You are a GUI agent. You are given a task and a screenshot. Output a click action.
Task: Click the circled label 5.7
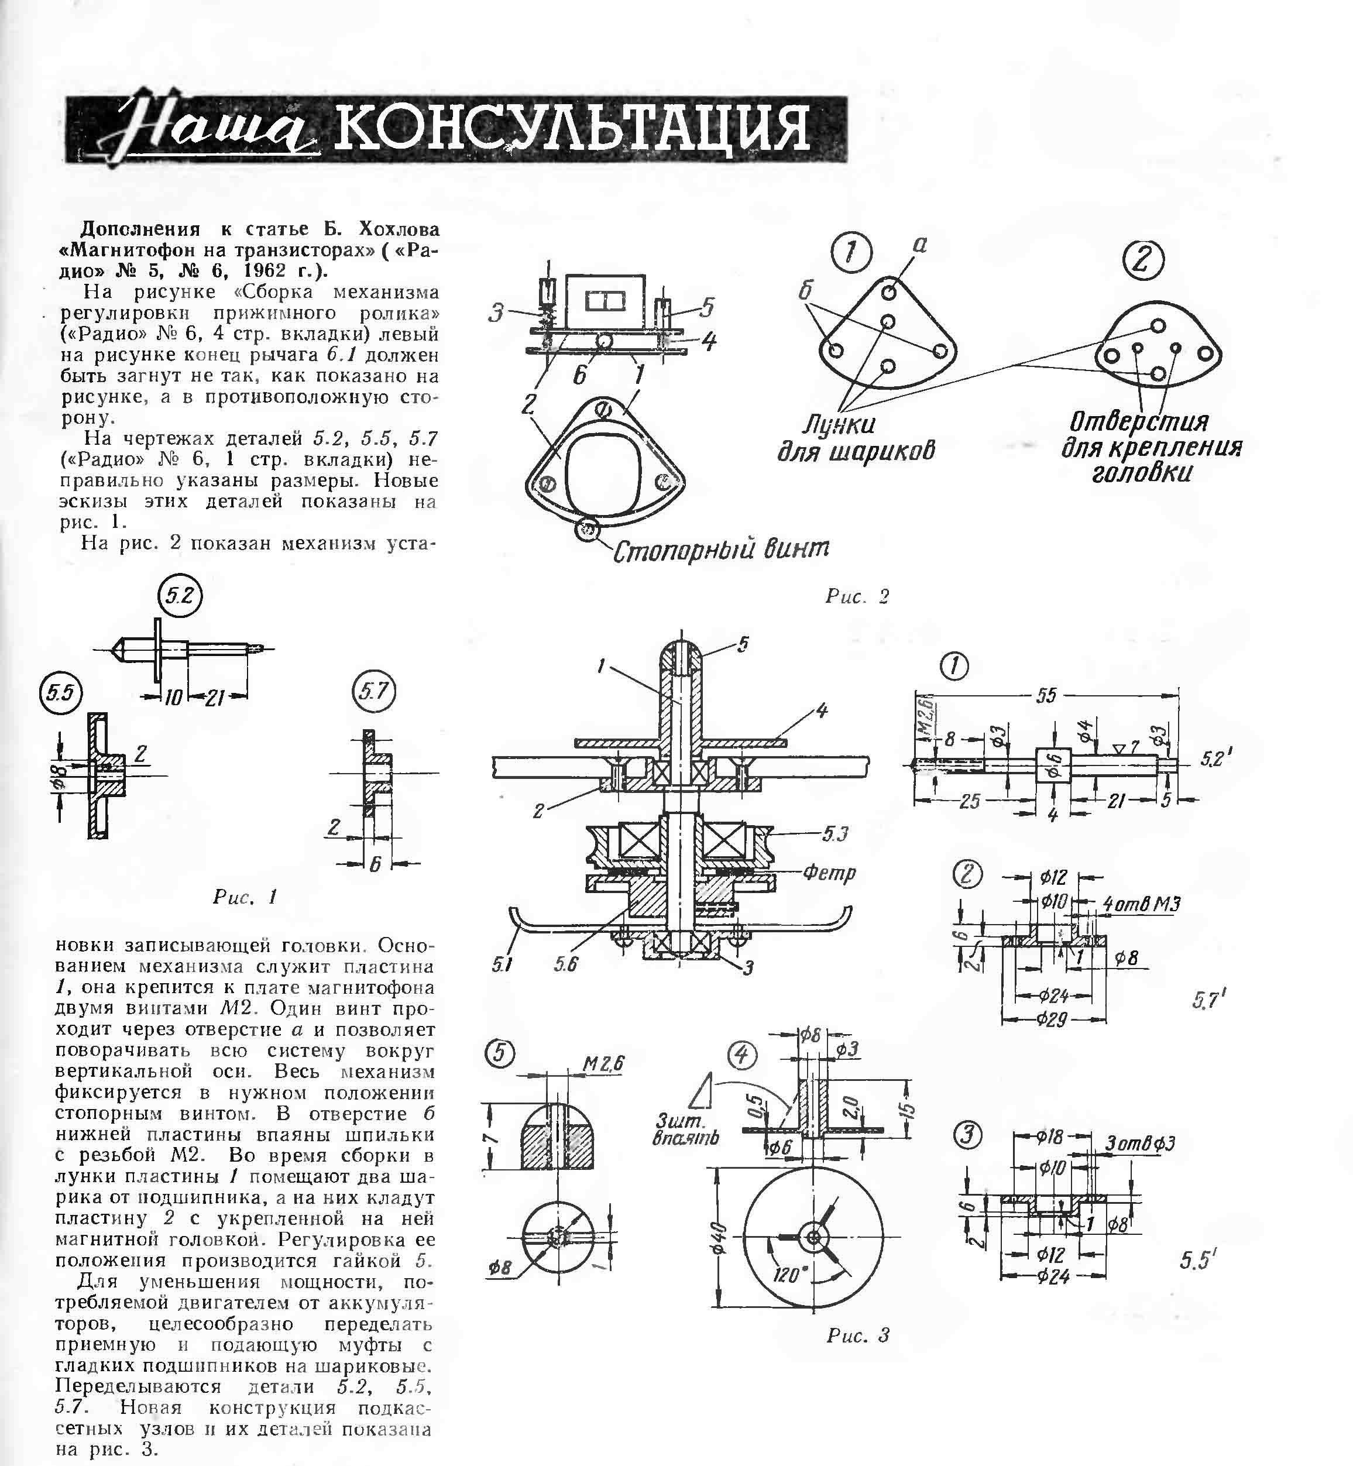tap(374, 691)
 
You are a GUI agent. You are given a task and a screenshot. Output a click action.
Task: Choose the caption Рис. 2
tap(857, 596)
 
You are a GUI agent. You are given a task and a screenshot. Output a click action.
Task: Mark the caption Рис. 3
tap(858, 1335)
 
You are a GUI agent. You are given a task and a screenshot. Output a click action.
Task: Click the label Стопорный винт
tap(721, 549)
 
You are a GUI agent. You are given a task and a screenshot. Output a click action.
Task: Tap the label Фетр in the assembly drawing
tap(829, 872)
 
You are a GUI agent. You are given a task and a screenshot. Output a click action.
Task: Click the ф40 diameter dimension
tap(720, 1238)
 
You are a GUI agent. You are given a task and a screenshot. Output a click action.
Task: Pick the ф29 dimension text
tap(1052, 1018)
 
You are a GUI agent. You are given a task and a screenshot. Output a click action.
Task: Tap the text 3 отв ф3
tap(1141, 1143)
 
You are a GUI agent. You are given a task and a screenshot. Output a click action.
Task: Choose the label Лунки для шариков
tap(856, 437)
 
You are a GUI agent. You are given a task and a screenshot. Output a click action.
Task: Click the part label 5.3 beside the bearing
tap(835, 834)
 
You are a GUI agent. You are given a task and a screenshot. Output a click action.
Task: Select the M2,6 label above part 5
tap(603, 1063)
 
